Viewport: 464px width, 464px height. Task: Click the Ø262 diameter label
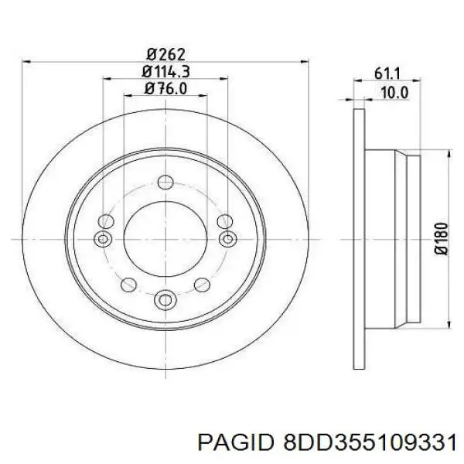coord(165,54)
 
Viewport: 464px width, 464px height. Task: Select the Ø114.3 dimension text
coord(165,71)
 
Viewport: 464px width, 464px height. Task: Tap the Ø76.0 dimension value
coord(165,88)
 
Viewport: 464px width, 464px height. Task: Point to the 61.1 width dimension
coord(387,73)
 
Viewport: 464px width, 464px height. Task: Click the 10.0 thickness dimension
coord(394,93)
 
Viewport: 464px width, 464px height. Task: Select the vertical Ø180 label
coord(442,238)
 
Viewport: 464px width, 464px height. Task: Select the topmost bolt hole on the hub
coord(165,182)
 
